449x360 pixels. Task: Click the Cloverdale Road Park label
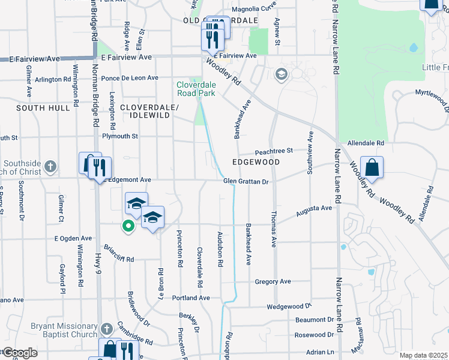pos(195,89)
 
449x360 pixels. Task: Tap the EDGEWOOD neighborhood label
pos(256,162)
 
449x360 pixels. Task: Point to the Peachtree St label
pos(273,151)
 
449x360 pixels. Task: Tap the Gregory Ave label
pos(273,281)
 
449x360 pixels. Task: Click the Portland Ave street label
pos(191,298)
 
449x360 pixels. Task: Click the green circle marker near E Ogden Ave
pos(127,226)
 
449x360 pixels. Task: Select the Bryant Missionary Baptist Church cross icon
pos(106,329)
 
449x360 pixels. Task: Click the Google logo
pos(19,353)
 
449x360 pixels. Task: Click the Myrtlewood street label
pos(432,95)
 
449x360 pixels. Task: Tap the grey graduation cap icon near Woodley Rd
pos(280,74)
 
